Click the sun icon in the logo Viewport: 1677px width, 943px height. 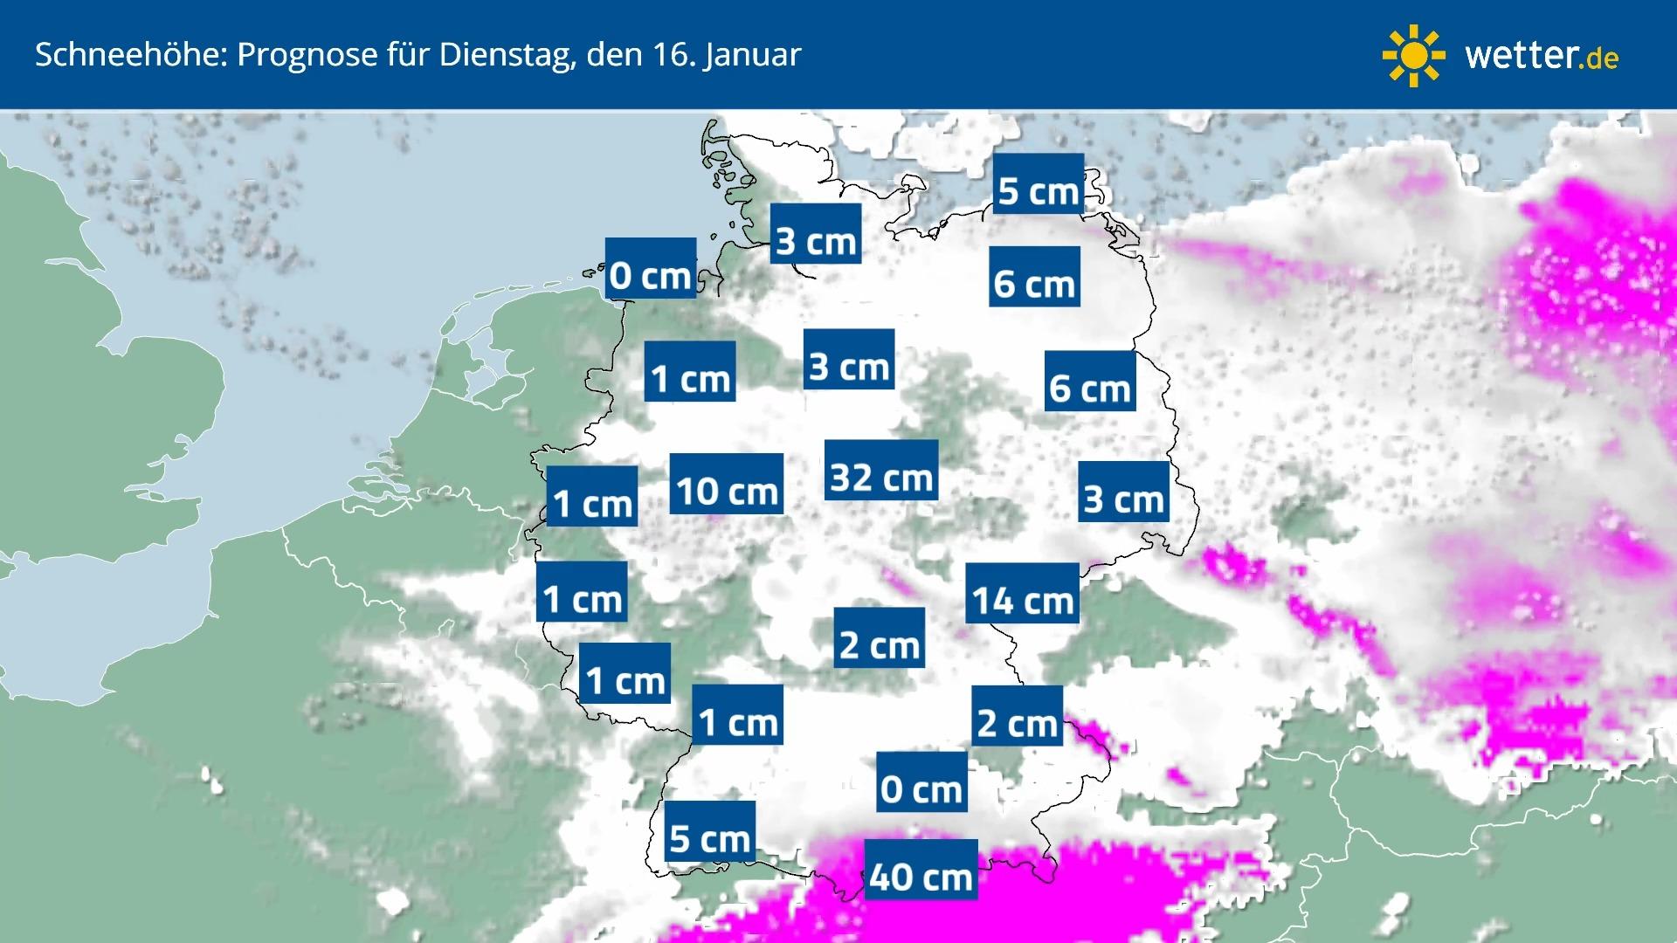(1413, 56)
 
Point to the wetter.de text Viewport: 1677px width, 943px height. (1542, 56)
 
